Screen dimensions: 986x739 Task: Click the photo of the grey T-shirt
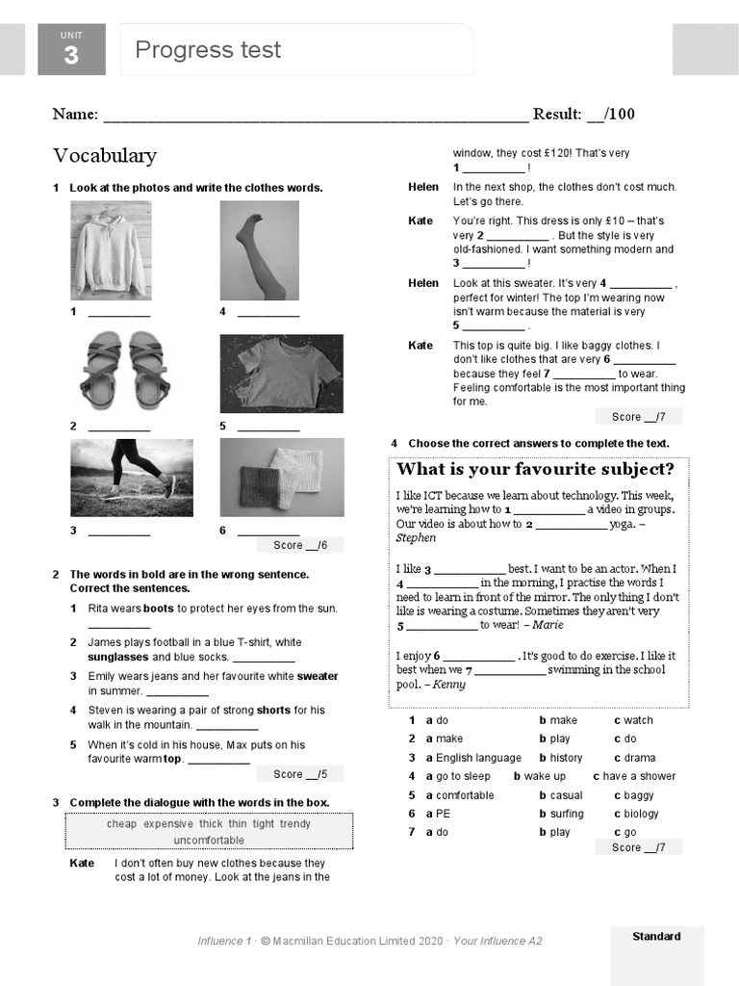click(x=281, y=374)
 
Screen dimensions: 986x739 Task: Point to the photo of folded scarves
click(x=281, y=478)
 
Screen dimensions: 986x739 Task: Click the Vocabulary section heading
click(x=104, y=156)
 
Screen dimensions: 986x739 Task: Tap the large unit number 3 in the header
click(x=71, y=56)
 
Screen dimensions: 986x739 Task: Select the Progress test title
click(x=208, y=50)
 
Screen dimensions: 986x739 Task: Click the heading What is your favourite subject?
click(x=536, y=470)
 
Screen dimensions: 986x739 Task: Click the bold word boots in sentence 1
click(x=159, y=609)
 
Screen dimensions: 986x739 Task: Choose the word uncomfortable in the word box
click(x=209, y=841)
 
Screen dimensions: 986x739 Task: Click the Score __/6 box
click(x=300, y=545)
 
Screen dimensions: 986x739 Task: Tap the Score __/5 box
click(x=300, y=774)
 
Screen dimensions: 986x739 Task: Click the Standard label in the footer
click(x=656, y=936)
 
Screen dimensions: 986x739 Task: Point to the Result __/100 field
click(x=583, y=115)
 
